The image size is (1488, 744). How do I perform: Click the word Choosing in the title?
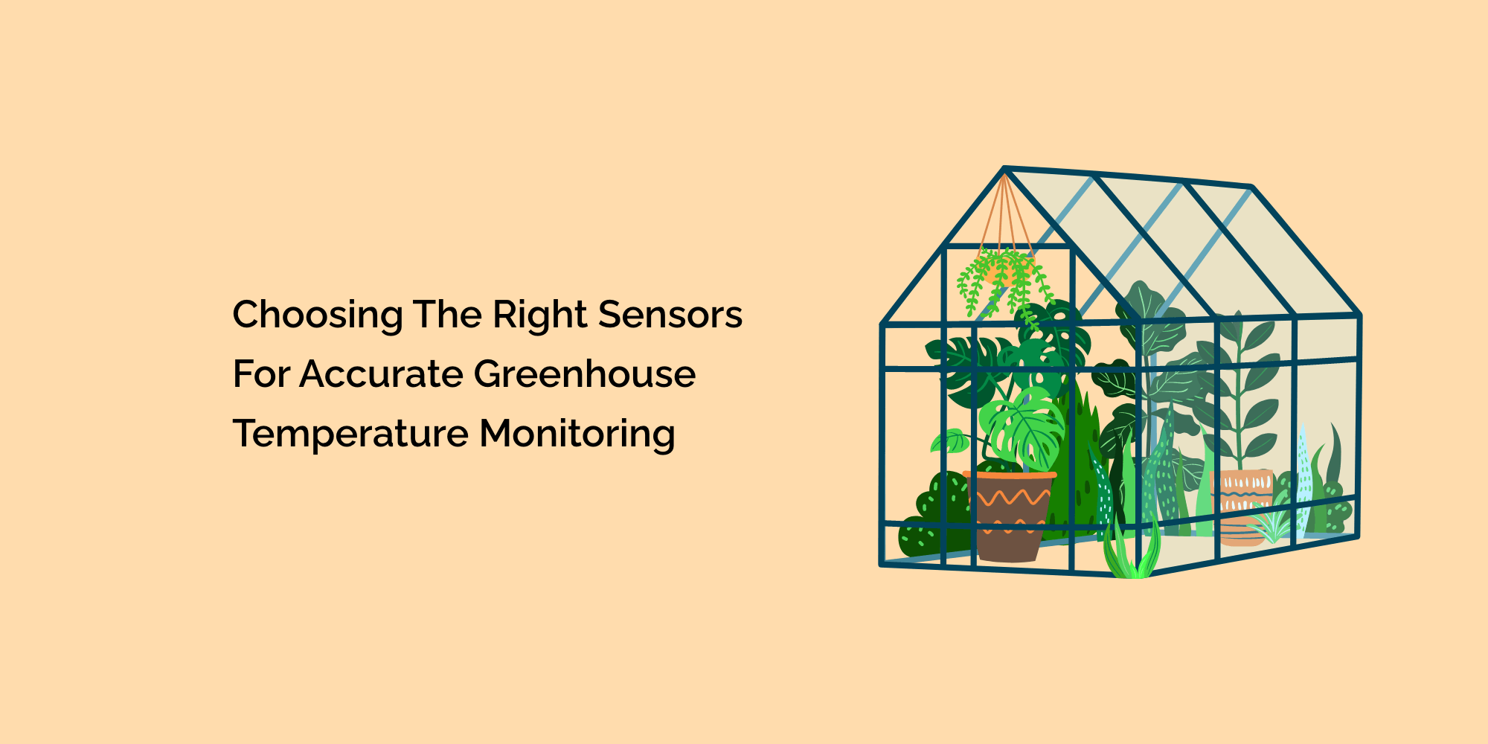[318, 315]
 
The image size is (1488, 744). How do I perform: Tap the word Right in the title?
[540, 315]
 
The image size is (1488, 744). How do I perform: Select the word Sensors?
[670, 314]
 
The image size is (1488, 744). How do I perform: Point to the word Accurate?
[381, 373]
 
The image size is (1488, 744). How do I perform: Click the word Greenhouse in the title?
[584, 373]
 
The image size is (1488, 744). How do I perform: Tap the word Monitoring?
[577, 434]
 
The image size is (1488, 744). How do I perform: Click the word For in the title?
[260, 373]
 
